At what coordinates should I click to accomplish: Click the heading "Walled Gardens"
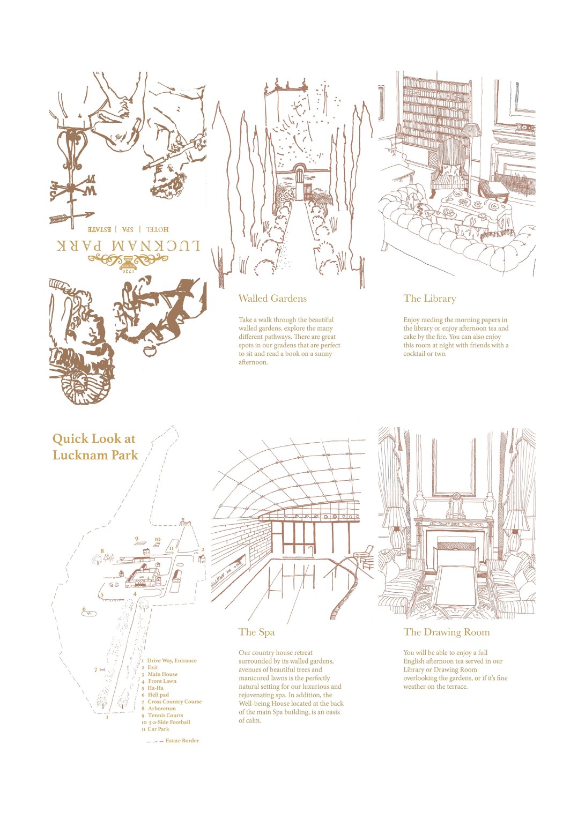click(x=272, y=299)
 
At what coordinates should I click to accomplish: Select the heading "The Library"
click(x=430, y=299)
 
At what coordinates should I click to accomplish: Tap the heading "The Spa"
click(x=256, y=632)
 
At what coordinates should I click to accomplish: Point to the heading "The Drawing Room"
click(x=446, y=632)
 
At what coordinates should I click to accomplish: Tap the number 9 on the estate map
click(x=136, y=539)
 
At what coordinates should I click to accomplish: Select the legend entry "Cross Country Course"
click(x=174, y=702)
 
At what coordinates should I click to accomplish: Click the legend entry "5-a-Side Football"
click(x=169, y=722)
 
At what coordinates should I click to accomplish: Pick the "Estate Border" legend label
click(x=182, y=741)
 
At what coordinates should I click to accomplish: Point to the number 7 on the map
click(x=96, y=669)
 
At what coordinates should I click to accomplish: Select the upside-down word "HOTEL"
click(x=158, y=229)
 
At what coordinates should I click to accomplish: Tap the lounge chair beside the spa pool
click(x=364, y=555)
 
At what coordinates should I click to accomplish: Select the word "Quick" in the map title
click(x=70, y=439)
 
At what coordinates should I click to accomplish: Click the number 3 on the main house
click(x=149, y=579)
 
